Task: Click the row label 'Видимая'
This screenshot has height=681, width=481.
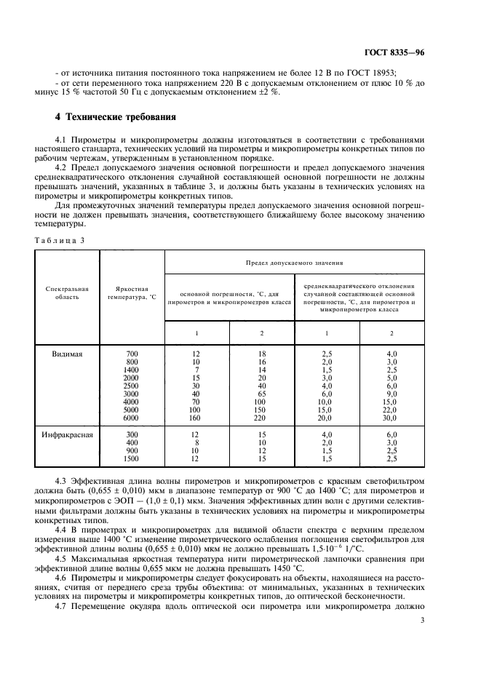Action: (68, 354)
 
